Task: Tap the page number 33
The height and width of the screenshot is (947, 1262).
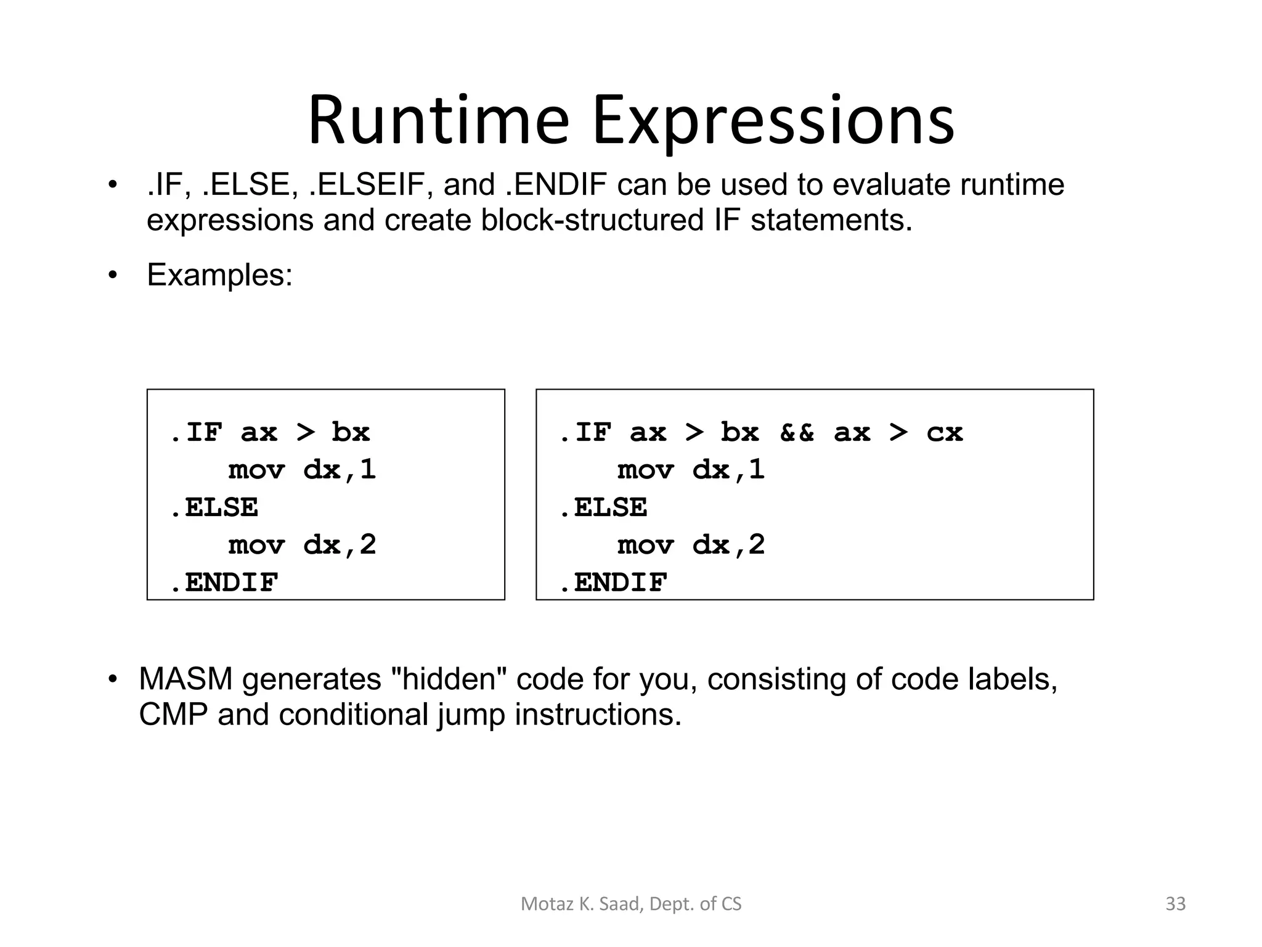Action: [1175, 904]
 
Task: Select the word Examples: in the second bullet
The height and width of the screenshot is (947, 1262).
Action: [219, 275]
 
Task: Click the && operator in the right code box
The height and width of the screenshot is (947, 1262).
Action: [796, 432]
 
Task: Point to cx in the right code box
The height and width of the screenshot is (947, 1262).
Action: [944, 432]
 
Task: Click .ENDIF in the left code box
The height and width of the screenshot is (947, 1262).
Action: [224, 583]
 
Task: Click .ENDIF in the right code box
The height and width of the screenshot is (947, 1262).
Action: [614, 583]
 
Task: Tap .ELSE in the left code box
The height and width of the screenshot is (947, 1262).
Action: [214, 507]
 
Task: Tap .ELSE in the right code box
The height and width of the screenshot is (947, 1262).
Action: [604, 507]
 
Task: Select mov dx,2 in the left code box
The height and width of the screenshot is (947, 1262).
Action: [302, 545]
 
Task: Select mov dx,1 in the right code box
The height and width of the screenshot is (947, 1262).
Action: [691, 470]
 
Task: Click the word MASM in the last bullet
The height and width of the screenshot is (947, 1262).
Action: [185, 679]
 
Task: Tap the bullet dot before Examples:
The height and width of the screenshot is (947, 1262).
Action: [112, 275]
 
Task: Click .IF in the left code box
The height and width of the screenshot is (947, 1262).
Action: [196, 432]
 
